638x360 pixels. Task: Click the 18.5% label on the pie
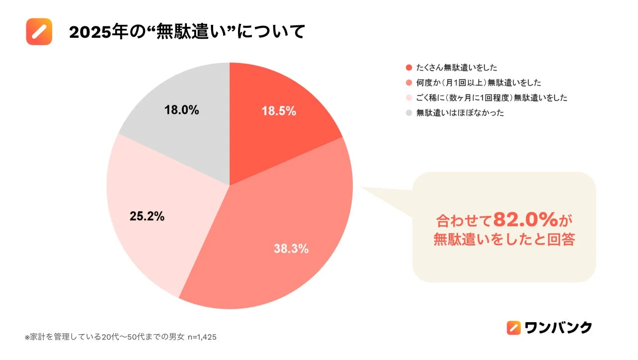(279, 111)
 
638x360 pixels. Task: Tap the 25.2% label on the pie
(147, 216)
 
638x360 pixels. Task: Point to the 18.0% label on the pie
(182, 110)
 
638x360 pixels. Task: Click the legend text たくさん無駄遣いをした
(457, 68)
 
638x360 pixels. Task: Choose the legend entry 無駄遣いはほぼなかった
(460, 113)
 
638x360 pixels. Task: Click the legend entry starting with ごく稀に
(491, 98)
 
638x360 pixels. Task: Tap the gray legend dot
(408, 113)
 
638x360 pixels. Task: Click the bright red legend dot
(408, 68)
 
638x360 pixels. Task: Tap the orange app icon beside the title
(39, 31)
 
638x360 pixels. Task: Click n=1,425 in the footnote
(201, 337)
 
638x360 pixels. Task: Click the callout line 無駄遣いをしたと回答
(504, 240)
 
